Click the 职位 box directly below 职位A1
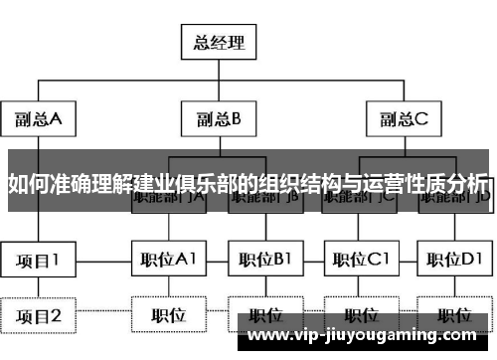pyautogui.click(x=168, y=316)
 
